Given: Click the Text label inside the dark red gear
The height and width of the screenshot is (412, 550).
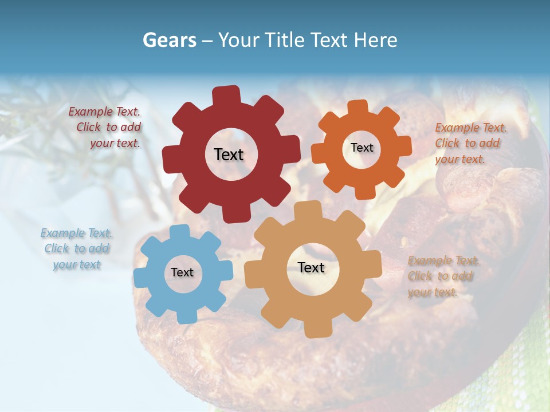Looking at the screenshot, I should click(229, 154).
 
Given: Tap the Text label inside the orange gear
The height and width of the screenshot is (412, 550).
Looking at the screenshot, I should click(362, 148).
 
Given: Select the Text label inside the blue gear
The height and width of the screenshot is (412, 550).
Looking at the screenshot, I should click(182, 272).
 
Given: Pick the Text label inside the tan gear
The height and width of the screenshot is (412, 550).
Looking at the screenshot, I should click(311, 267).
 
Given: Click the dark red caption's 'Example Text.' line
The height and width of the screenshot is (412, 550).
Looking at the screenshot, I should click(104, 112).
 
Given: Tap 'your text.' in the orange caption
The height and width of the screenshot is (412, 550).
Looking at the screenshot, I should click(459, 159).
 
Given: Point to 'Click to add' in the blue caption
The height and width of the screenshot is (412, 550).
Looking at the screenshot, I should click(77, 248).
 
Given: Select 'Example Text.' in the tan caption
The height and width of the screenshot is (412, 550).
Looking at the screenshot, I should click(443, 261).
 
